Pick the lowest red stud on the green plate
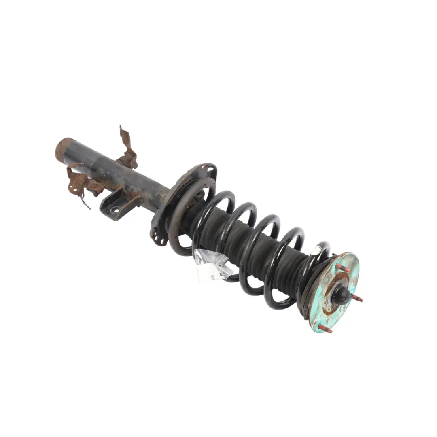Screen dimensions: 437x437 point(325,329)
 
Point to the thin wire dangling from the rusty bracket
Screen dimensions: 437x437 point(85,202)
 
